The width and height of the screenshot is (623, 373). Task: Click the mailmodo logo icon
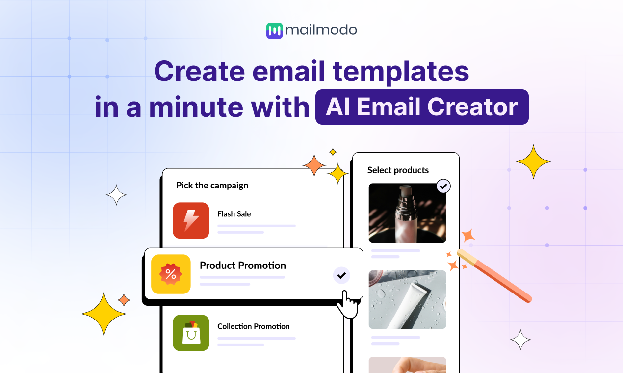click(275, 30)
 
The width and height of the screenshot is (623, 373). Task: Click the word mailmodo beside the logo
click(321, 30)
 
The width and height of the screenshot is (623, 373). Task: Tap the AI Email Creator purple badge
click(422, 107)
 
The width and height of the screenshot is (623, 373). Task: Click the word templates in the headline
click(401, 72)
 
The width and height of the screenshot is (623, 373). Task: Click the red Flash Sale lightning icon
click(191, 220)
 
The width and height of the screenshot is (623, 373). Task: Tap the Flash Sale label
click(234, 214)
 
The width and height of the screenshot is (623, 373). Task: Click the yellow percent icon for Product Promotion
click(171, 274)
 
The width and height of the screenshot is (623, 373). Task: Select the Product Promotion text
click(242, 266)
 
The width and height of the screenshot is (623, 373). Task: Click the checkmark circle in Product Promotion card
click(341, 275)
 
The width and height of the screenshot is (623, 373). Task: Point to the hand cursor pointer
click(346, 304)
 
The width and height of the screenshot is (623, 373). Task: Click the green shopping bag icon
click(191, 333)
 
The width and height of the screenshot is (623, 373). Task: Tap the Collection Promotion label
click(253, 326)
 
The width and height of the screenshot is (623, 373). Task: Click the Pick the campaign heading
click(212, 186)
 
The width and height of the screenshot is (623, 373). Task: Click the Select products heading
click(398, 170)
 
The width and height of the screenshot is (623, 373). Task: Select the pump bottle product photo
click(407, 213)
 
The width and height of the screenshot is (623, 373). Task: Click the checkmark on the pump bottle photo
click(443, 186)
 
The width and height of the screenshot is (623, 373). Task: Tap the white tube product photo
click(407, 299)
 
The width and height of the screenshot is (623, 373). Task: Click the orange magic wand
click(495, 276)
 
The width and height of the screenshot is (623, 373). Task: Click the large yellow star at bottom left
click(104, 314)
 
